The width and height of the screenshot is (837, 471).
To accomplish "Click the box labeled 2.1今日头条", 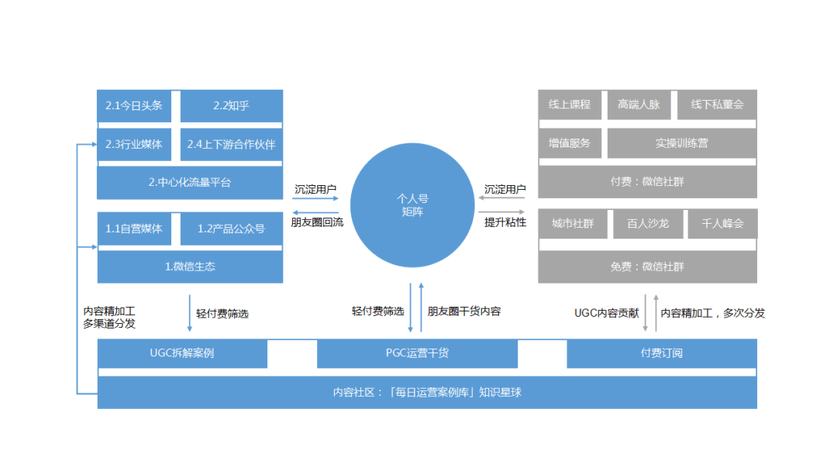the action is pos(134,106).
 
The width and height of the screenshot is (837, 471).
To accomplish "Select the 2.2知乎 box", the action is pos(232,106).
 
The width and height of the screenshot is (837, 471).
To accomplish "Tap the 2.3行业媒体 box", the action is pos(134,145).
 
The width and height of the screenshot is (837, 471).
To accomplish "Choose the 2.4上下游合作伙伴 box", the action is pos(232,145).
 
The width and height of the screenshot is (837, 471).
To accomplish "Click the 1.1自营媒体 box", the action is pos(134,229).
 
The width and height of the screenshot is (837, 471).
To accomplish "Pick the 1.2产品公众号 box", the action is pos(232,229).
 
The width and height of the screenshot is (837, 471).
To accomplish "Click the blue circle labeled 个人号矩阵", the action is pos(412,205).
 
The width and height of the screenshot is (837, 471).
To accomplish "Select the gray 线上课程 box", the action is pos(570,105).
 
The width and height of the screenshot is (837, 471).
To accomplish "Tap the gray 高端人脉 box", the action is pos(639,105).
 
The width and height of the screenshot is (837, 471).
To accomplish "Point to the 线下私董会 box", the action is pos(718,105).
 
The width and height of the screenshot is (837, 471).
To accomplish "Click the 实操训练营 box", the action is pos(682,143).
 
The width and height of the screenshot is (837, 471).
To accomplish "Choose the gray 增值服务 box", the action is pos(570,143).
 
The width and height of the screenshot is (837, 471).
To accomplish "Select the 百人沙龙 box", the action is pos(648,224).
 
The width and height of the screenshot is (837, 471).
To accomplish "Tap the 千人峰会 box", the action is pos(723,224).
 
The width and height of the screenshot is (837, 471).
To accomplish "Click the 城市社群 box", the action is pos(573,224).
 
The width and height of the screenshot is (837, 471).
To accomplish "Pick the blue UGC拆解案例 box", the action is pos(182,353).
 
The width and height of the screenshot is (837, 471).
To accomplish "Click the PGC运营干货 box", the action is pos(418,353).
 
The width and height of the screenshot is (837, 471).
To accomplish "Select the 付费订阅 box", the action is pos(662,353).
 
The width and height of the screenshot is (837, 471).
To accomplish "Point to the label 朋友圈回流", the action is pos(317,222).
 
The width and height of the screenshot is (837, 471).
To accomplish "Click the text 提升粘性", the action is pos(505,222).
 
